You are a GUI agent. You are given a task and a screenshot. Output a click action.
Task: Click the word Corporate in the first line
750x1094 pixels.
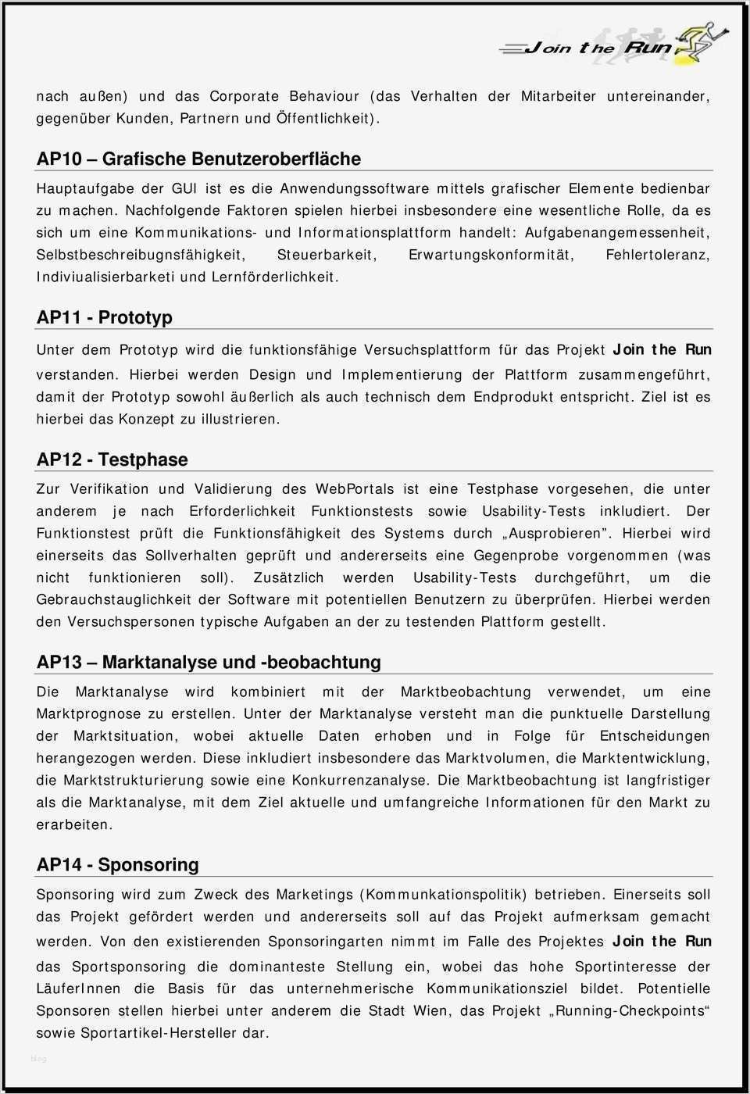pos(244,96)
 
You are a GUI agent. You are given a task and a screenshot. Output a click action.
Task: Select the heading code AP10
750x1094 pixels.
pos(59,159)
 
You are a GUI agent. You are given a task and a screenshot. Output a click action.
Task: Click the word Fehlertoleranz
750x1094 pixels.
pos(658,255)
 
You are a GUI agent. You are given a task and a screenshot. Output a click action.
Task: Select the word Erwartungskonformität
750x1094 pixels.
pos(491,255)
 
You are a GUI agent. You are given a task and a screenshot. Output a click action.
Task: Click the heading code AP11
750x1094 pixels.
pos(59,317)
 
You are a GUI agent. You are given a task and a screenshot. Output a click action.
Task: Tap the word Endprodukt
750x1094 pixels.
pos(513,397)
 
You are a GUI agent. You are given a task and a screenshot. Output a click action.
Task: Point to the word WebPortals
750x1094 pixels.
pos(355,489)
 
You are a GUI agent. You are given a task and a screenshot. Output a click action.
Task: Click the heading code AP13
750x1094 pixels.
pos(59,662)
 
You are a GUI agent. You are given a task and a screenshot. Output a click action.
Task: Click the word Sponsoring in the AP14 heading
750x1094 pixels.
pos(148,864)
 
